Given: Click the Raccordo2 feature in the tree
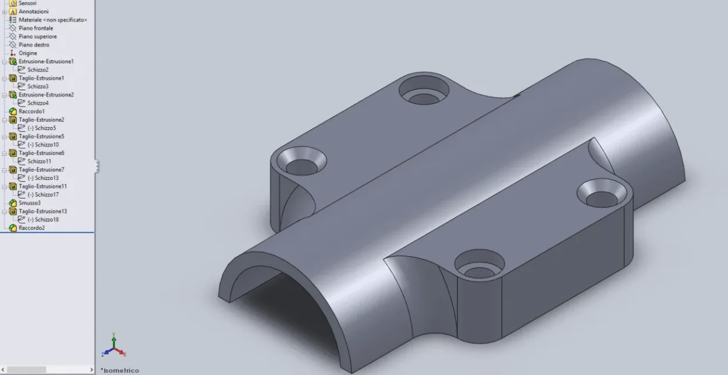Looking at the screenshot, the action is click(x=32, y=228).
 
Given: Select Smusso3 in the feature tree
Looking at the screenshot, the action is click(x=30, y=203).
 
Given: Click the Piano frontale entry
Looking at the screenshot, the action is click(x=36, y=28).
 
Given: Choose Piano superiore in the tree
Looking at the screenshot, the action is click(x=37, y=36).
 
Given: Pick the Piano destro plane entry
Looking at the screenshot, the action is click(x=34, y=45).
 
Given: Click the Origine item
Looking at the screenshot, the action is click(x=28, y=53).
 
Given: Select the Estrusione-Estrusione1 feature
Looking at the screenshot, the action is click(x=46, y=61).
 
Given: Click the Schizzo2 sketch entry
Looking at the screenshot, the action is click(x=38, y=70).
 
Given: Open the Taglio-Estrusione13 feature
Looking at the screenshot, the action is click(x=43, y=212).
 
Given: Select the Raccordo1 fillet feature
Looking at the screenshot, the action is click(x=32, y=111).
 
